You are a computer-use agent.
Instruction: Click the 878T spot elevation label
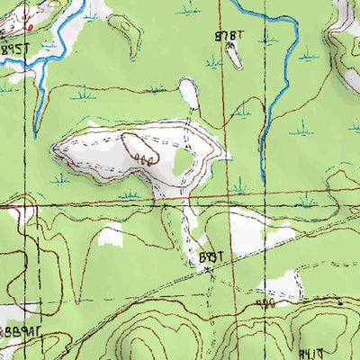pyautogui.click(x=230, y=35)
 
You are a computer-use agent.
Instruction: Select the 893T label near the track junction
pyautogui.click(x=209, y=257)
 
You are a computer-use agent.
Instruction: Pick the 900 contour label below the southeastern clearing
pyautogui.click(x=265, y=305)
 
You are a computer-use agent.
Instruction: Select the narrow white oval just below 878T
pyautogui.click(x=234, y=55)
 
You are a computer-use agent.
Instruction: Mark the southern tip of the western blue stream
pyautogui.click(x=35, y=136)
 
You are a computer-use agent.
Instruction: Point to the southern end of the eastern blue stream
pyautogui.click(x=261, y=173)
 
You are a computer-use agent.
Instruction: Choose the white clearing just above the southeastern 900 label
pyautogui.click(x=274, y=287)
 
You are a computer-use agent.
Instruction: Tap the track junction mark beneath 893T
pyautogui.click(x=208, y=270)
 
